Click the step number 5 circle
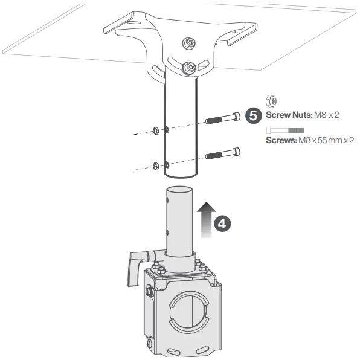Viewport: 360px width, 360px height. [x=253, y=116]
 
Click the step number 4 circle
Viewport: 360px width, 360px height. [x=222, y=223]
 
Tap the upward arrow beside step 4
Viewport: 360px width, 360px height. [x=207, y=220]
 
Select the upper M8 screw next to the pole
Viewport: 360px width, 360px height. [x=223, y=118]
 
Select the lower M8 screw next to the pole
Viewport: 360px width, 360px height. [x=223, y=153]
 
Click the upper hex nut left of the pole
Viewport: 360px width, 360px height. [x=156, y=130]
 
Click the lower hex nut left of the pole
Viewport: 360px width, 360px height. [x=156, y=166]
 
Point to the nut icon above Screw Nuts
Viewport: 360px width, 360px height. [x=271, y=101]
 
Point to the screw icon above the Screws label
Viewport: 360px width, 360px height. [x=284, y=130]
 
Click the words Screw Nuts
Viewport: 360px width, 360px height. [x=289, y=115]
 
